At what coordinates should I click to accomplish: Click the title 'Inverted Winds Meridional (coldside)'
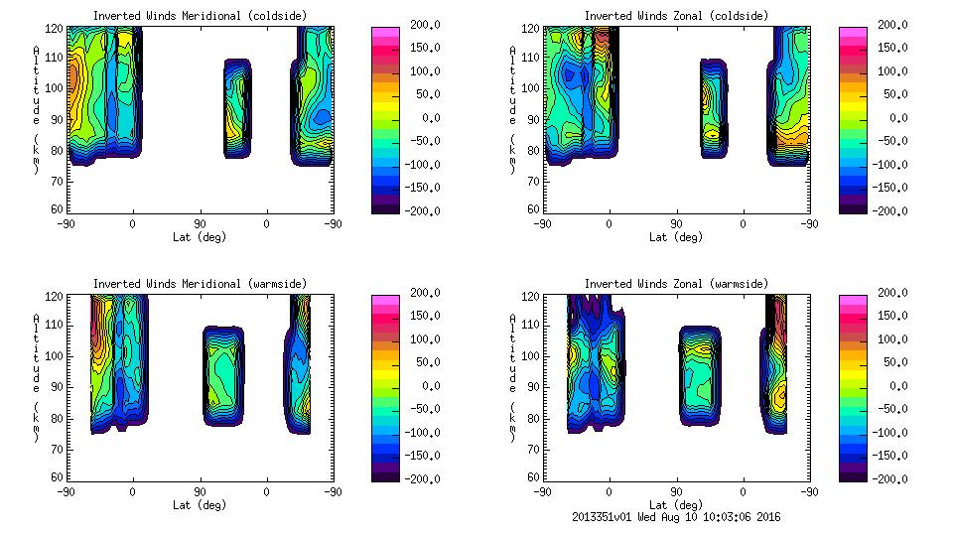tap(200, 16)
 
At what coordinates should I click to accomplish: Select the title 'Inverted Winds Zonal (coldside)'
tap(676, 16)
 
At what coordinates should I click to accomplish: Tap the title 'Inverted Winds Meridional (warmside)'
tap(200, 284)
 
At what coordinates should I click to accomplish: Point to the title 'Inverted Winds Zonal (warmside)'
tap(676, 284)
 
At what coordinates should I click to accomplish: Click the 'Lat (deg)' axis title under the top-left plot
tap(200, 237)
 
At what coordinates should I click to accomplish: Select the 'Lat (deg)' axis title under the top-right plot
tap(676, 237)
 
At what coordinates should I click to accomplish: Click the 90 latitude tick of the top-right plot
tap(676, 223)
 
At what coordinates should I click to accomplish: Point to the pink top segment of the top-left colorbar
tap(385, 36)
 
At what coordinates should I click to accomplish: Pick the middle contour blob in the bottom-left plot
tap(222, 374)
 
